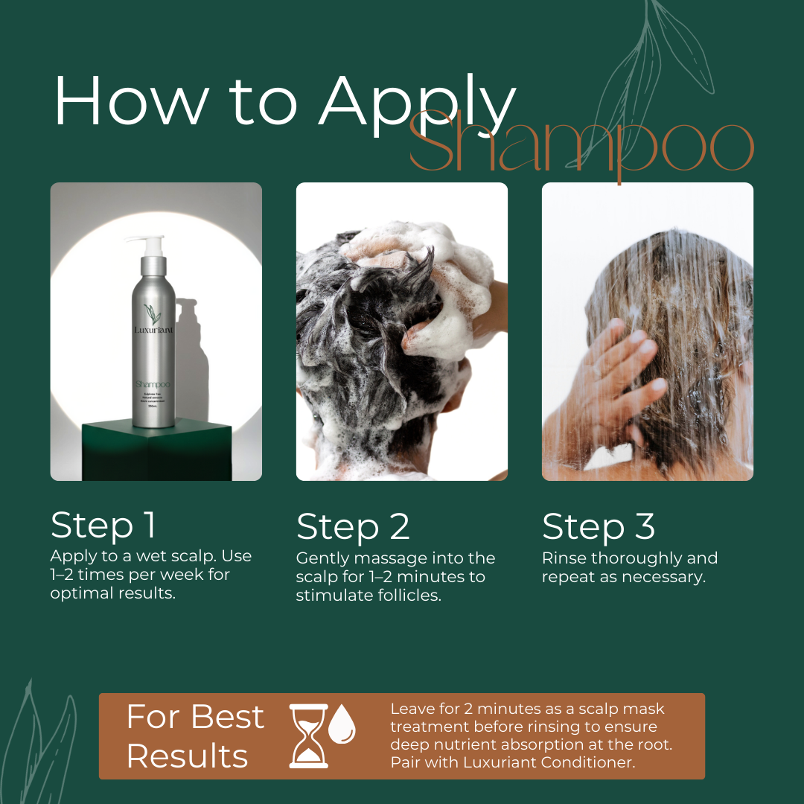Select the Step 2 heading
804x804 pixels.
coord(353,527)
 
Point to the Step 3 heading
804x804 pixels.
coord(599,527)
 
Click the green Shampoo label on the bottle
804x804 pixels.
coord(154,384)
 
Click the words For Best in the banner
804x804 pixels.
coord(195,717)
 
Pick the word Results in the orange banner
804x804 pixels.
coord(187,756)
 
